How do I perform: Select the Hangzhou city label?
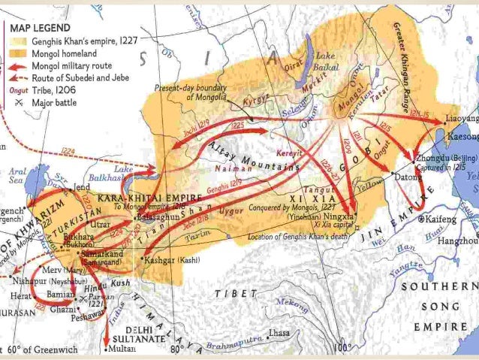point(459,241)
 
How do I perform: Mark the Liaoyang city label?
point(459,119)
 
